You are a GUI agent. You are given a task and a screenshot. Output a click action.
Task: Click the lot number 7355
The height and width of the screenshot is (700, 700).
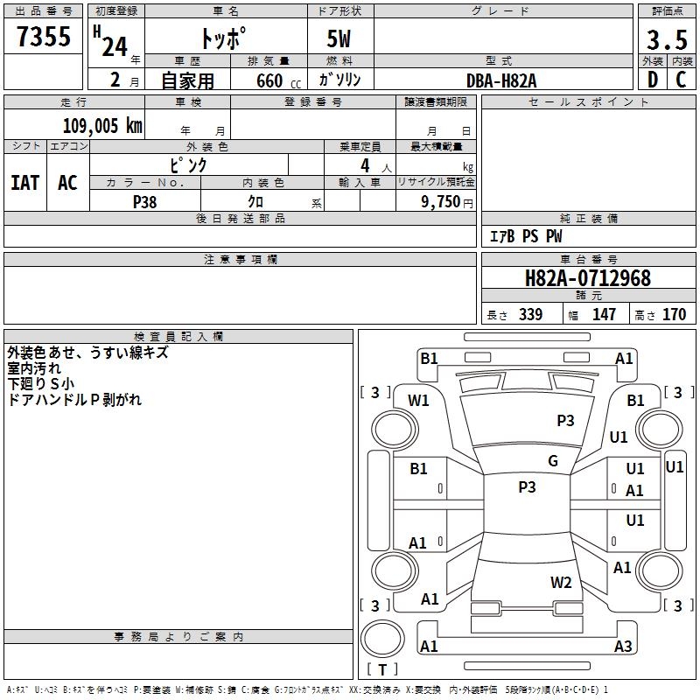pos(44,36)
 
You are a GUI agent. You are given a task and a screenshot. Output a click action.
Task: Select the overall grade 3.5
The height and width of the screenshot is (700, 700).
pos(667,39)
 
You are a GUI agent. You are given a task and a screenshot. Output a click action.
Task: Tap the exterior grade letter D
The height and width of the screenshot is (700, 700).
pos(653,80)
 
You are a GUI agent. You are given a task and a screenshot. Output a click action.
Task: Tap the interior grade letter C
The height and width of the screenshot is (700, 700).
pos(681,80)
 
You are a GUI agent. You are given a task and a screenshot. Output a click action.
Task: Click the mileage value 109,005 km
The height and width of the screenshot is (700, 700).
pos(102,126)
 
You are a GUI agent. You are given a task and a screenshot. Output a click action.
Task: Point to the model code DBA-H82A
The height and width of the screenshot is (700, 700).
pos(501,80)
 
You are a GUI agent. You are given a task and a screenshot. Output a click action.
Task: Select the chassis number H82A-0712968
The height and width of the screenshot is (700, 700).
pos(588,278)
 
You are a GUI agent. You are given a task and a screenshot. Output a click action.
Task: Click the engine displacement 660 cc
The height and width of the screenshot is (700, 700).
pos(278,81)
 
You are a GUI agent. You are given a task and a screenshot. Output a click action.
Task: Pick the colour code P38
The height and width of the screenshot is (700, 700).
pos(145,202)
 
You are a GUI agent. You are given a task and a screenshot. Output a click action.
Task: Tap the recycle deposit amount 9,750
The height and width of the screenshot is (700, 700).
pos(440,201)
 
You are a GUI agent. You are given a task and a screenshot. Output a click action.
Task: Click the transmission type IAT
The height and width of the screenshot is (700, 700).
pos(25,183)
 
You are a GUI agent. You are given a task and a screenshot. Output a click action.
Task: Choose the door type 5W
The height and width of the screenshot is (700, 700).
pos(339,38)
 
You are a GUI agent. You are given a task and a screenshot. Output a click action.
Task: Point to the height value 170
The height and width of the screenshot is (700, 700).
pos(674,314)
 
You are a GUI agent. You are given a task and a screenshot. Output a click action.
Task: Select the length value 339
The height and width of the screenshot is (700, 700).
pos(531,314)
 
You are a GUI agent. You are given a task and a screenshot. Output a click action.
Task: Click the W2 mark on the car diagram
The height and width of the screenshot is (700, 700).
pos(561,582)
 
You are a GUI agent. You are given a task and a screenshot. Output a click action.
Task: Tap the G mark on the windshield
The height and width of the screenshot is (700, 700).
pos(553,460)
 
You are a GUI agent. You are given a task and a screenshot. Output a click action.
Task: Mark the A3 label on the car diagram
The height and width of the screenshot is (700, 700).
pos(623,646)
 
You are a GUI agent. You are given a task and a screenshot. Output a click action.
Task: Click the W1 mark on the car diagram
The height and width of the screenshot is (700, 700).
pos(418,401)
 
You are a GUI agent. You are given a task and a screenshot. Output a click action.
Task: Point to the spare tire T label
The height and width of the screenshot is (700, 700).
pos(382,669)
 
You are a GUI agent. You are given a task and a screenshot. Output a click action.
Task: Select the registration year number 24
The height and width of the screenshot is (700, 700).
pos(115,47)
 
